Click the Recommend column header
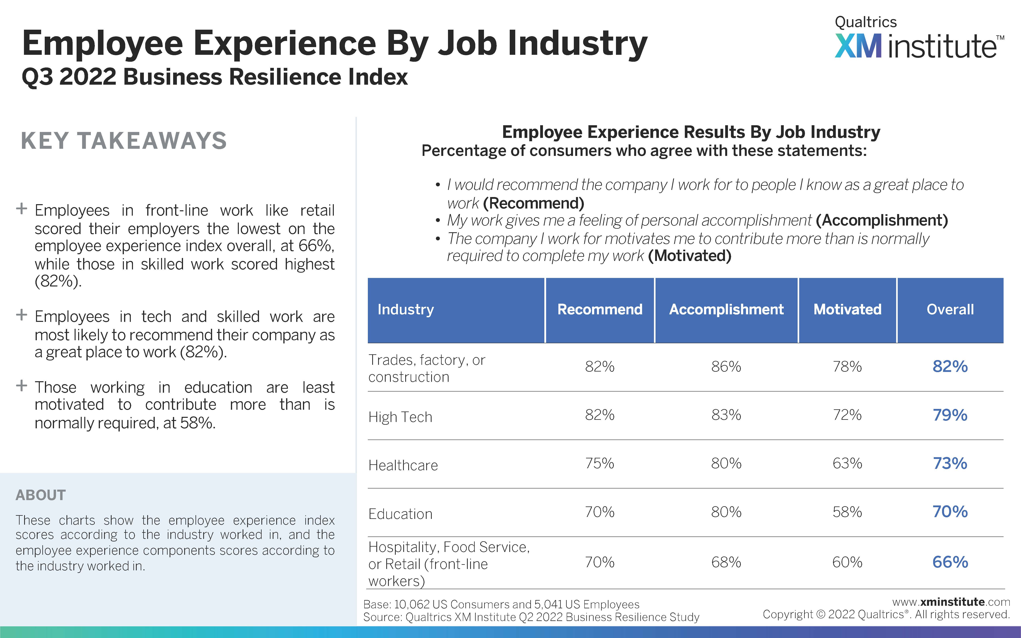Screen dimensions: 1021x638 coord(600,309)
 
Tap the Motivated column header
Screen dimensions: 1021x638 coord(847,309)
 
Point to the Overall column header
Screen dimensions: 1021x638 coord(950,309)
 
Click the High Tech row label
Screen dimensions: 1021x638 coord(400,417)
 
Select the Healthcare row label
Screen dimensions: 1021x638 coord(403,465)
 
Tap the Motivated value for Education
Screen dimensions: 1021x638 coord(847,512)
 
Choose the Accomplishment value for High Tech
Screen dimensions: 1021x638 coord(726,415)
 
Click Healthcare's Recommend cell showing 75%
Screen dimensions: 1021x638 coord(600,463)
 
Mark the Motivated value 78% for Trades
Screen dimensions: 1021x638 coord(847,366)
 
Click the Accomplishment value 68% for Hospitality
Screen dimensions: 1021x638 coord(726,562)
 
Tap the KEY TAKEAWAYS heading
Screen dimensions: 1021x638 coord(124,140)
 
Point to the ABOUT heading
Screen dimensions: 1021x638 coord(41,495)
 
